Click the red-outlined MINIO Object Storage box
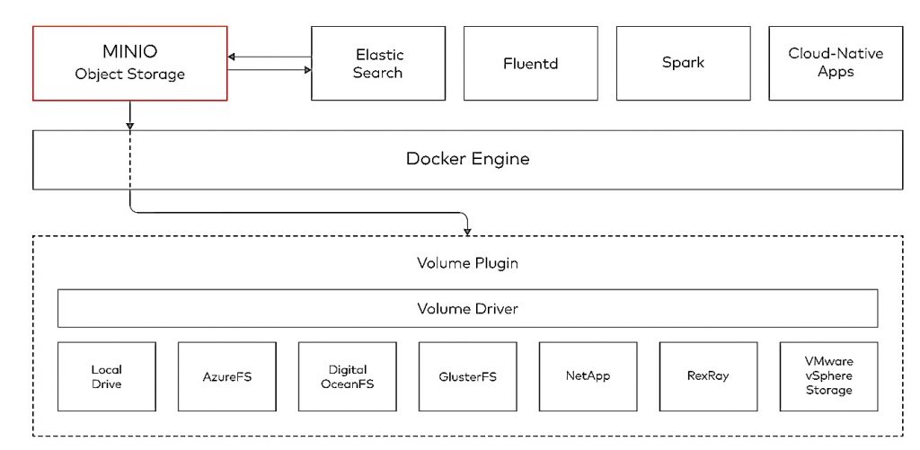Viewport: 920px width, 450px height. [x=129, y=64]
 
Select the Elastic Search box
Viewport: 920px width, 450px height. [x=378, y=64]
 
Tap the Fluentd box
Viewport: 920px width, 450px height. [x=530, y=64]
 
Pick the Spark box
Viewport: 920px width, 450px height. [x=683, y=64]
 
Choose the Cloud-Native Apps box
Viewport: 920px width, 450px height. [x=836, y=64]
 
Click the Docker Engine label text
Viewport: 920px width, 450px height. [x=467, y=159]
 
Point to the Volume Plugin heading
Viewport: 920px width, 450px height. [x=467, y=263]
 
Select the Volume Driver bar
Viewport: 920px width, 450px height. [x=467, y=308]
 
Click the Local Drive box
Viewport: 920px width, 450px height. [x=107, y=376]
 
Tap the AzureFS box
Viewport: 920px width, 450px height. [x=227, y=376]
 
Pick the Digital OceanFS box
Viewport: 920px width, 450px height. [x=348, y=376]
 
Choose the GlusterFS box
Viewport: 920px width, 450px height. [x=467, y=376]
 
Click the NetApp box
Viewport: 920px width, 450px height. [x=588, y=376]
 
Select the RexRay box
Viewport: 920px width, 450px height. [x=708, y=376]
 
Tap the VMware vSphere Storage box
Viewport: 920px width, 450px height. [x=829, y=376]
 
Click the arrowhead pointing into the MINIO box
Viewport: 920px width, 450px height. [x=231, y=57]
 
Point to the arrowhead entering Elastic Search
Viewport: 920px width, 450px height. [x=307, y=70]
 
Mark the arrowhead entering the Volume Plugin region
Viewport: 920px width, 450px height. [x=467, y=233]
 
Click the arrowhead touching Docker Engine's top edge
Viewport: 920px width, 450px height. [x=129, y=126]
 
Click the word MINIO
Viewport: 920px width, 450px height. [x=129, y=51]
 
